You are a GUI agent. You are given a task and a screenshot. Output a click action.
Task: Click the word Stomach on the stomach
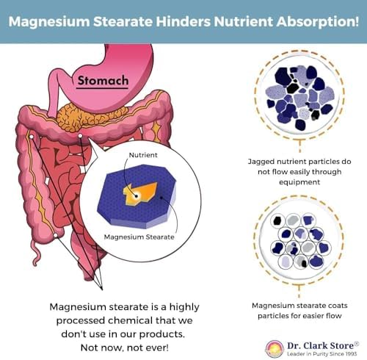(103, 81)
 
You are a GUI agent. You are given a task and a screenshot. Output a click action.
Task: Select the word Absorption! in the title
(318, 21)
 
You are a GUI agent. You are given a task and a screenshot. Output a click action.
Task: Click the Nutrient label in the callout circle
(143, 155)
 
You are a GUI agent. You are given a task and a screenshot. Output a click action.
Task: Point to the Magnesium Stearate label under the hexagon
(139, 237)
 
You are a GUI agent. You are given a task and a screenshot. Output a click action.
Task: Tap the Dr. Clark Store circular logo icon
(275, 349)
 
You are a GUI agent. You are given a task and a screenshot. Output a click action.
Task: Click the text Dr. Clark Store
(321, 345)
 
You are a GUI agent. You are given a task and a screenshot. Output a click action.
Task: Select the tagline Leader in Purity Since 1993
(322, 354)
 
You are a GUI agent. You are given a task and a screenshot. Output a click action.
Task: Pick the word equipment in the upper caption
(299, 182)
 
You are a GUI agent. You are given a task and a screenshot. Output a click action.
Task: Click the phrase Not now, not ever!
(125, 348)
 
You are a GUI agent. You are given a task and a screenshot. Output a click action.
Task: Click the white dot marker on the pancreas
(80, 135)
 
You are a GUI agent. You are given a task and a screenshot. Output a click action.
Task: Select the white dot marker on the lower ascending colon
(56, 235)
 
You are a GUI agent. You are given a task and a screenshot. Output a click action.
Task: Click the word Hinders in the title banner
(183, 21)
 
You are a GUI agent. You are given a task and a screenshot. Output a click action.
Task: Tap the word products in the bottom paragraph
(161, 334)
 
